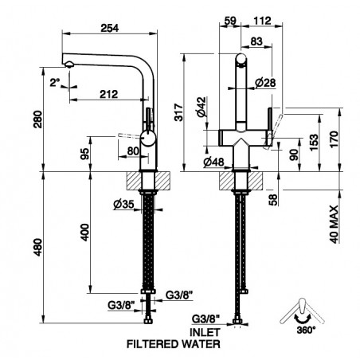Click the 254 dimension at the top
[x=110, y=28]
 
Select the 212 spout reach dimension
[x=109, y=94]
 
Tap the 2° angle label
[x=55, y=83]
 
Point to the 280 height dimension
[x=38, y=119]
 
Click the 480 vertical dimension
[x=38, y=247]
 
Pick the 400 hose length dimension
[x=85, y=233]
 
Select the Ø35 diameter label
[x=123, y=204]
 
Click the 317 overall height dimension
[x=179, y=112]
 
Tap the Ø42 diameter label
[x=202, y=107]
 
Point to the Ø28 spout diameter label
[x=265, y=83]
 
